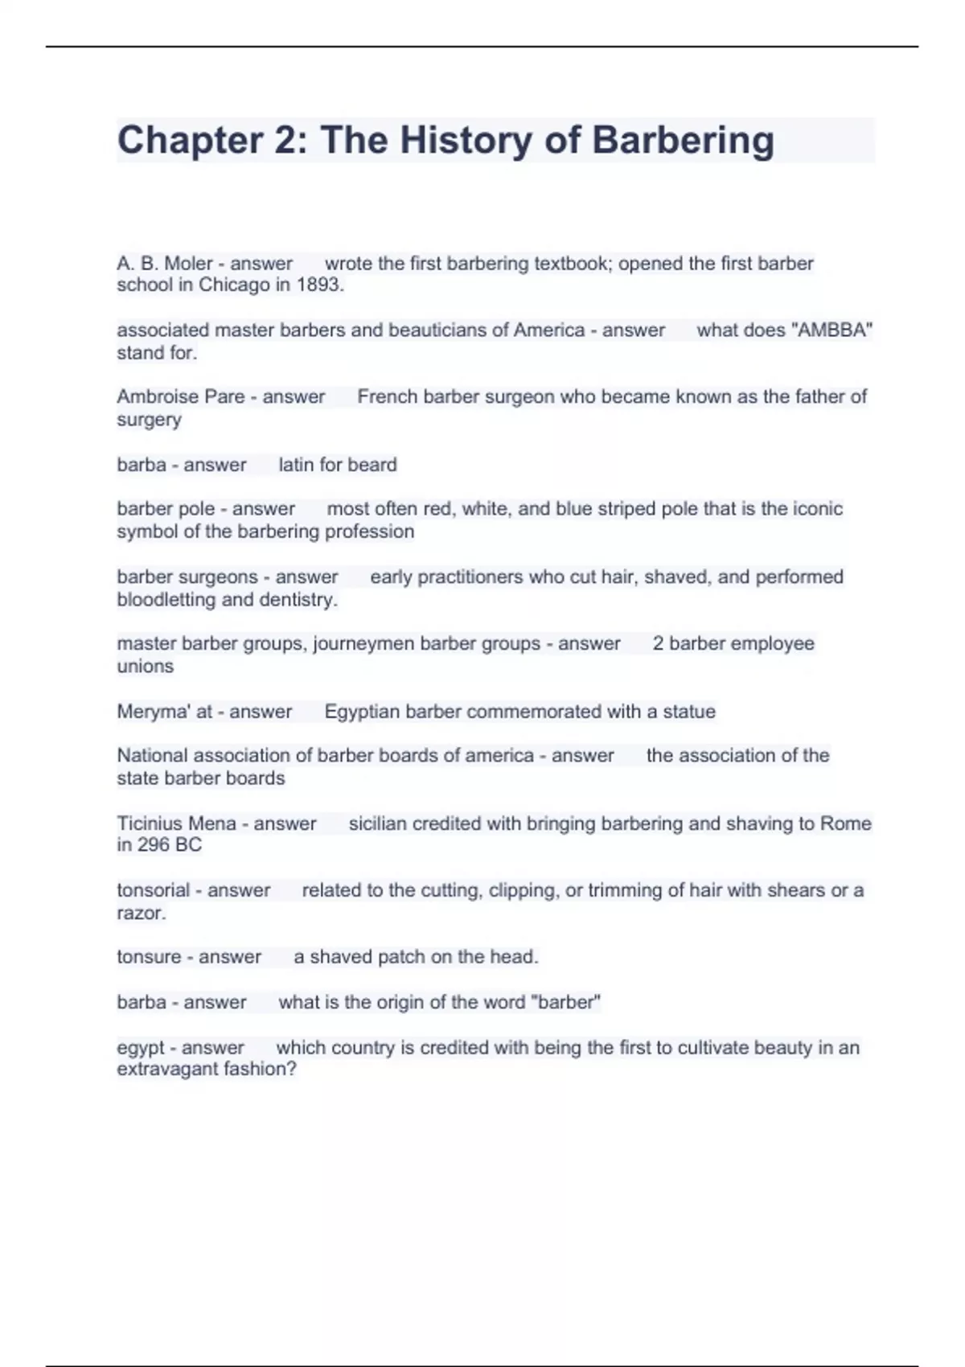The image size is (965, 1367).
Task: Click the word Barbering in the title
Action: tap(683, 141)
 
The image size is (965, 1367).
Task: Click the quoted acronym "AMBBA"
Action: tap(824, 330)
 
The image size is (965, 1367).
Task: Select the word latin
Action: tap(295, 465)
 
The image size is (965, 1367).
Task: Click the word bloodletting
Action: tap(166, 599)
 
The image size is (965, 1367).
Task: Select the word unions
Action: tap(145, 666)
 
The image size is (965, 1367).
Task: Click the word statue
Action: tap(689, 712)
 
